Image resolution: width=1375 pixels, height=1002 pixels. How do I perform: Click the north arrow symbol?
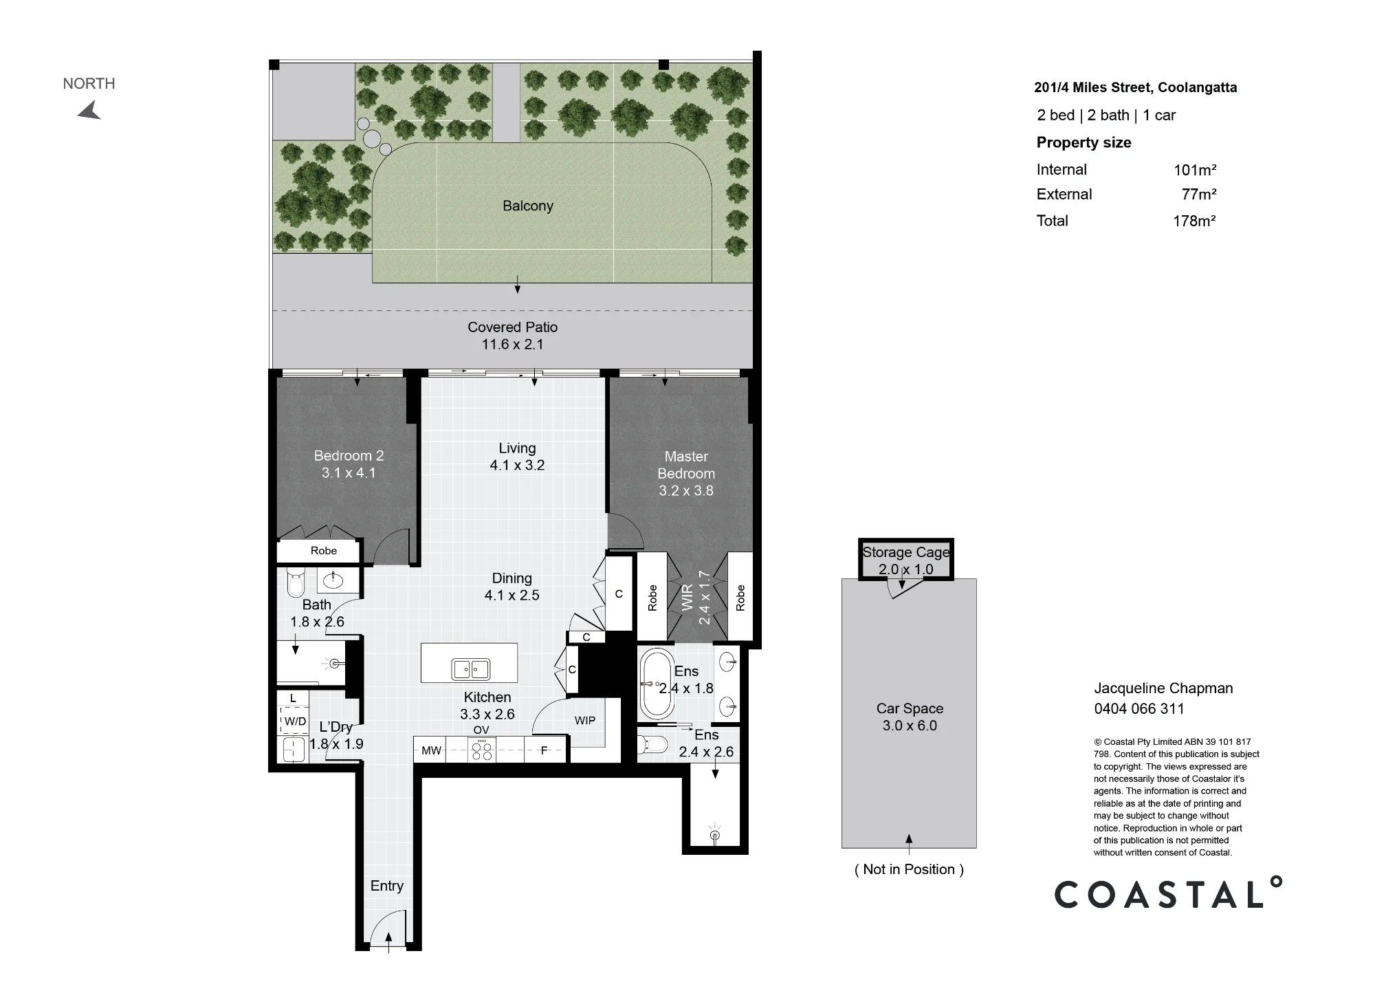(90, 111)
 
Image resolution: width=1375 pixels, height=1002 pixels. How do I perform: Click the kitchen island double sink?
(470, 668)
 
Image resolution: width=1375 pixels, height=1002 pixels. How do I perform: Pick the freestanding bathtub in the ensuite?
(657, 684)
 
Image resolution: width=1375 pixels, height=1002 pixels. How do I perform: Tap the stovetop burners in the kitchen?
(481, 750)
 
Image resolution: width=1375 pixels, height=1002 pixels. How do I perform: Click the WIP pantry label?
(585, 721)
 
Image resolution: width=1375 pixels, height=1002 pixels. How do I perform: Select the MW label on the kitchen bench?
(431, 750)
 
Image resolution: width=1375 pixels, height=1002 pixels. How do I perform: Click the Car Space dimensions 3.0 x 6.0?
(910, 726)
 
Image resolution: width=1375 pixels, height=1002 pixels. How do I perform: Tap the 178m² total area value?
(1194, 221)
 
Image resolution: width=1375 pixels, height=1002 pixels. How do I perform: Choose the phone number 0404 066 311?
(1139, 708)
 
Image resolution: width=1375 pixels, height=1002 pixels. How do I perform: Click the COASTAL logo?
(1168, 893)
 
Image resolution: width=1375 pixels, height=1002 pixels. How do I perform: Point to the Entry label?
(387, 886)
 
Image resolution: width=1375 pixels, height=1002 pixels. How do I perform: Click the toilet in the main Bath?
(296, 582)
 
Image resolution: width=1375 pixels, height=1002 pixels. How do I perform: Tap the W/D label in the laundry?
(295, 721)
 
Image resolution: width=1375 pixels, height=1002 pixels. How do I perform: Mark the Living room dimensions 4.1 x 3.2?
(517, 466)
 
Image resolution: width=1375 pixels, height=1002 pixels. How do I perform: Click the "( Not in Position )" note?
(909, 869)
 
